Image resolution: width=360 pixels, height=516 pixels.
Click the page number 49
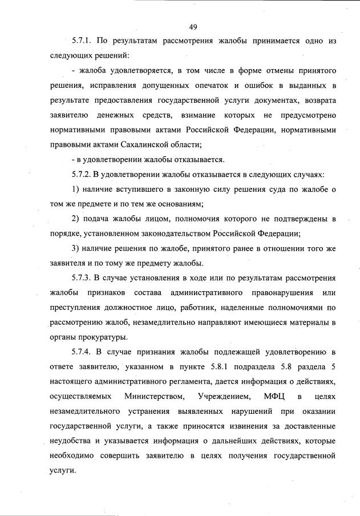pyautogui.click(x=193, y=26)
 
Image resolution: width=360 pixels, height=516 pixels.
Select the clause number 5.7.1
pyautogui.click(x=82, y=41)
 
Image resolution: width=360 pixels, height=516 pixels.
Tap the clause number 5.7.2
pyautogui.click(x=82, y=175)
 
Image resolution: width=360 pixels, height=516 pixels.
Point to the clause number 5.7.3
pyautogui.click(x=82, y=279)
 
